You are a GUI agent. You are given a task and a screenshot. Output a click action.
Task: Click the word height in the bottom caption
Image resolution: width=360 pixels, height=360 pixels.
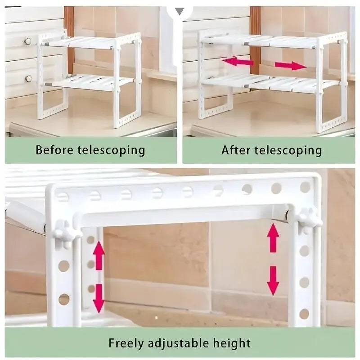pos(233,343)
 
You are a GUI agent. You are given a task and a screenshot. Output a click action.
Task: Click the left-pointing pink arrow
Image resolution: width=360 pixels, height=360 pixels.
pos(238,62)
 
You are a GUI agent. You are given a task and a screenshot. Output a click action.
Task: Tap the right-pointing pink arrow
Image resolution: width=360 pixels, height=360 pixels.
pos(290,66)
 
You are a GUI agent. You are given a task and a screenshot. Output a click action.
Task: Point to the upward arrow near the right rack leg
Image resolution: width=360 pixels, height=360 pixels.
pos(273,238)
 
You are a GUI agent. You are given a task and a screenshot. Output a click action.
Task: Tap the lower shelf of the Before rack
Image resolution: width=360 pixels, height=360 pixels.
pos(90,82)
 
